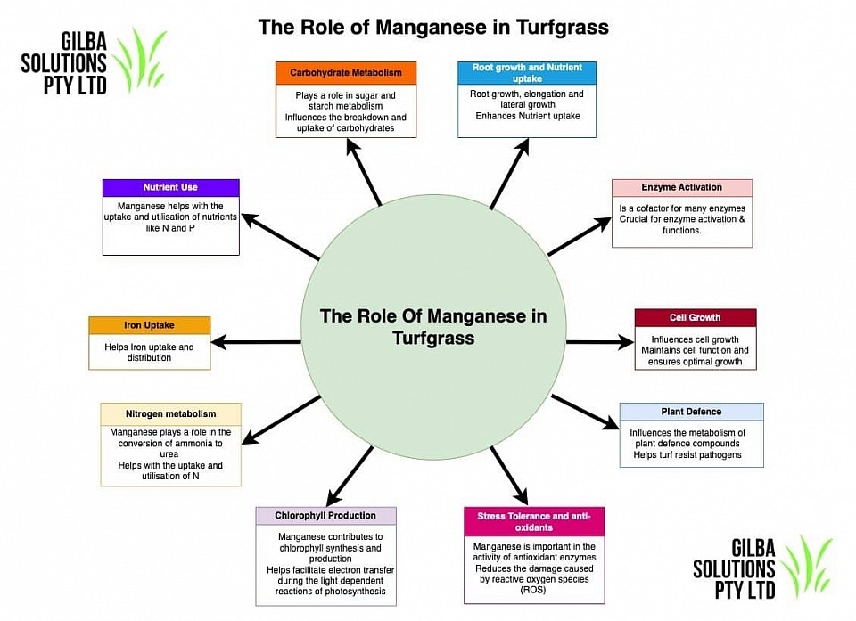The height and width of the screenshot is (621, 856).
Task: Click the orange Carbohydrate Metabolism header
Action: tap(346, 73)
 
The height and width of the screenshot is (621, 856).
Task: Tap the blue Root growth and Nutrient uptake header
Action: tap(527, 73)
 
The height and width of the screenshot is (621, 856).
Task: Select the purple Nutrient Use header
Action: tap(171, 188)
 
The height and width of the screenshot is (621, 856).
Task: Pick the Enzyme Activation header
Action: tap(682, 188)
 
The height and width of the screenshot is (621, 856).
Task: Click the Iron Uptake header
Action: tap(149, 325)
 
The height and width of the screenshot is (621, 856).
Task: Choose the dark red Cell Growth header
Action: tap(695, 317)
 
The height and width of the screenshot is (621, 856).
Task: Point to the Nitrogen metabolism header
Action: tap(171, 414)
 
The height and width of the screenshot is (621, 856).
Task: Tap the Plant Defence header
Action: tap(691, 412)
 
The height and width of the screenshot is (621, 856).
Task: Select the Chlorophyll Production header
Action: tap(325, 516)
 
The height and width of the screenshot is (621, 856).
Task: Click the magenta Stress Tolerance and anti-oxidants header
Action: tap(534, 522)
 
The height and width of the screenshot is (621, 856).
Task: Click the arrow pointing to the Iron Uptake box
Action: tap(256, 342)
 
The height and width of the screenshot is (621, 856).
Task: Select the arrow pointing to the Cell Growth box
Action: tap(600, 342)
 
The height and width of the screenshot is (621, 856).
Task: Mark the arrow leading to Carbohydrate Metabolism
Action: tap(364, 172)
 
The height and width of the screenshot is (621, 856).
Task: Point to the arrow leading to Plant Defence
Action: tap(586, 412)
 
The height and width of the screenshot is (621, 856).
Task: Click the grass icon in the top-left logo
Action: tap(139, 60)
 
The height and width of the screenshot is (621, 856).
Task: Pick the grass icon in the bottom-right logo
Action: tap(807, 566)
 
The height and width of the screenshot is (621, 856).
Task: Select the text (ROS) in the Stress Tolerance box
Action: tap(533, 590)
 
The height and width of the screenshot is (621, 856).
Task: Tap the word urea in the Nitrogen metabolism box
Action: tap(169, 454)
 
